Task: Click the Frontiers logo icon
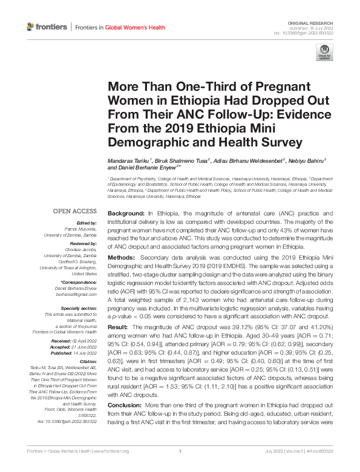tap(31, 27)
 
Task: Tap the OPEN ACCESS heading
tap(75, 211)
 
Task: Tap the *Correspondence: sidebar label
tap(79, 283)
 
